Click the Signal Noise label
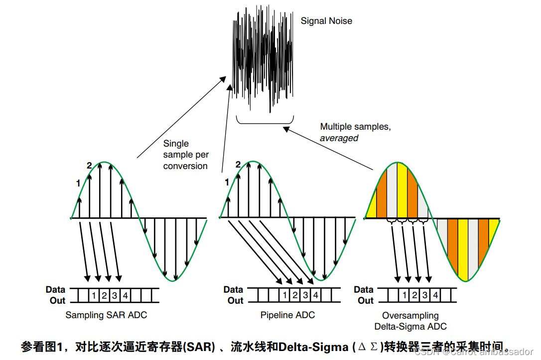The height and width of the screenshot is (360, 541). pos(326,21)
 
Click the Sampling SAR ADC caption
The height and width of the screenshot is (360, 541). pos(106,315)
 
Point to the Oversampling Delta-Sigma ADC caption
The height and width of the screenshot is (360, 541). pos(410,321)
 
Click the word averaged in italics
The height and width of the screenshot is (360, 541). pos(339,138)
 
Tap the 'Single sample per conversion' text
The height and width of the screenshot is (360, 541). pos(185,155)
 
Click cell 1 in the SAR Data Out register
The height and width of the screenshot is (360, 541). pos(94,296)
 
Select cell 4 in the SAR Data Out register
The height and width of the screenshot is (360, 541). pos(125,296)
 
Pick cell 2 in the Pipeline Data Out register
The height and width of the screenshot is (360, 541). pos(295,296)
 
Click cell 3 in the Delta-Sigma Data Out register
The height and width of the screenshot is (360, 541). pos(425,296)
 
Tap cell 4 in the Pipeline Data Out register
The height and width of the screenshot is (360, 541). pos(316,296)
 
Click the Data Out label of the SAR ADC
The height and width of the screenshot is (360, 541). pos(56,295)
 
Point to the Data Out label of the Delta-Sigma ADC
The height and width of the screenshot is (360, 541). pos(364,295)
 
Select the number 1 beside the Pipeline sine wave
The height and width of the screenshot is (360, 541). pos(227,182)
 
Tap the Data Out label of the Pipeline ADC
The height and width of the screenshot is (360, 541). pos(234,295)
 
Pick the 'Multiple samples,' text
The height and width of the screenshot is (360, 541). pos(355,127)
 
